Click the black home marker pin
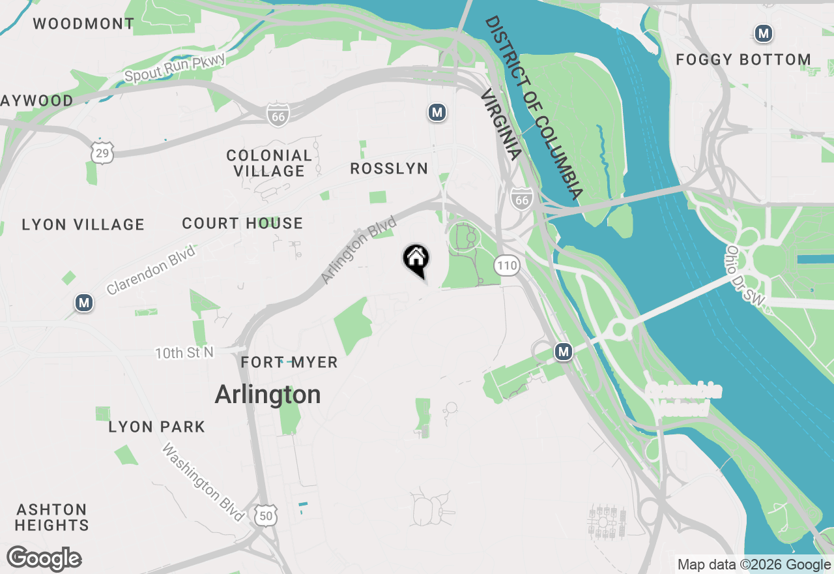tap(416, 259)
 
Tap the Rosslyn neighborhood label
tap(389, 168)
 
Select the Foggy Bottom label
tap(743, 60)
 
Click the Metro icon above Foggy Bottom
tap(763, 33)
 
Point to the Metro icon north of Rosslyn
tap(437, 113)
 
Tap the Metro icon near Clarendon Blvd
tap(83, 303)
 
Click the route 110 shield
tap(506, 265)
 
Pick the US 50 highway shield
tap(266, 515)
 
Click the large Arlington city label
tap(268, 395)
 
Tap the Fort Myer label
tap(289, 363)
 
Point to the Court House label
tap(242, 224)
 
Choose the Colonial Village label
tap(269, 163)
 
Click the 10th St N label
tap(184, 353)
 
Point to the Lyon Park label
tap(156, 427)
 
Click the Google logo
tap(44, 558)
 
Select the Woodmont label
tap(83, 24)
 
